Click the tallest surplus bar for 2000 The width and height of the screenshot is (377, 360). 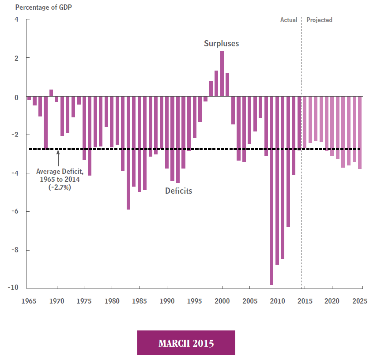pos(222,74)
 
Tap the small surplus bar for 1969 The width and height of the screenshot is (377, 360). pos(51,93)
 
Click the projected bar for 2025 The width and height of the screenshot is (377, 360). pos(360,132)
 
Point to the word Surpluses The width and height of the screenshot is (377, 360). pos(221,44)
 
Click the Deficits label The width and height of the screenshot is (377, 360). pos(179,191)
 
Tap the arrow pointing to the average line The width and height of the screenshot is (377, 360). pos(58,159)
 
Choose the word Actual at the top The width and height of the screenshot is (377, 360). pos(289,20)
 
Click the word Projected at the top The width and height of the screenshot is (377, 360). pos(319,20)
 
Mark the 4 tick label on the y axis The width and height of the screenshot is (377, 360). pos(16,20)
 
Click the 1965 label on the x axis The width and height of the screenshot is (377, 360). pos(29,301)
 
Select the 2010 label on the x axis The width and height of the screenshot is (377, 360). pos(277,301)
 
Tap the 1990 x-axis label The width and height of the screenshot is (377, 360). pos(167,301)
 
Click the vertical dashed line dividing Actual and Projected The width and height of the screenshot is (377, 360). pos(302,176)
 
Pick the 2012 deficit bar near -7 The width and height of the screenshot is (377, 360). pos(288,161)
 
